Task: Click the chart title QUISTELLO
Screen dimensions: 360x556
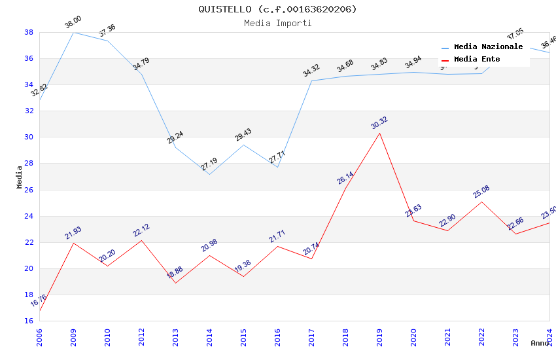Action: pos(277,9)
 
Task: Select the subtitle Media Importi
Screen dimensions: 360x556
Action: pos(277,23)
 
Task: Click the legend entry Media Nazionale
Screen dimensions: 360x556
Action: pos(488,47)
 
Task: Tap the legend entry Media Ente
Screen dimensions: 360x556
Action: pos(477,60)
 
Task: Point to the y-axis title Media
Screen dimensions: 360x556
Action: pos(20,177)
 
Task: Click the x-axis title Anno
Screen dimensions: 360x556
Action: pos(540,343)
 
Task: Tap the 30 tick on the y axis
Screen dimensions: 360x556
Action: pos(29,137)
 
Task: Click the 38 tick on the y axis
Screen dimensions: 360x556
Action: pos(29,32)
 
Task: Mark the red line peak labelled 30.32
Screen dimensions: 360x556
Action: pos(379,134)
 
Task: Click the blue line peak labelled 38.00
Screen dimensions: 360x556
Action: pos(73,32)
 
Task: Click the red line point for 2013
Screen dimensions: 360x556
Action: pos(175,283)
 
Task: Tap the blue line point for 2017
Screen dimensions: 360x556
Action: pos(311,81)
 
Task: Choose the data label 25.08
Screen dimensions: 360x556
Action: pos(481,192)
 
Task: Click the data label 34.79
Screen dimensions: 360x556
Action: pos(141,63)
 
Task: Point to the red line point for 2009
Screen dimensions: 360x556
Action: pos(73,243)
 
